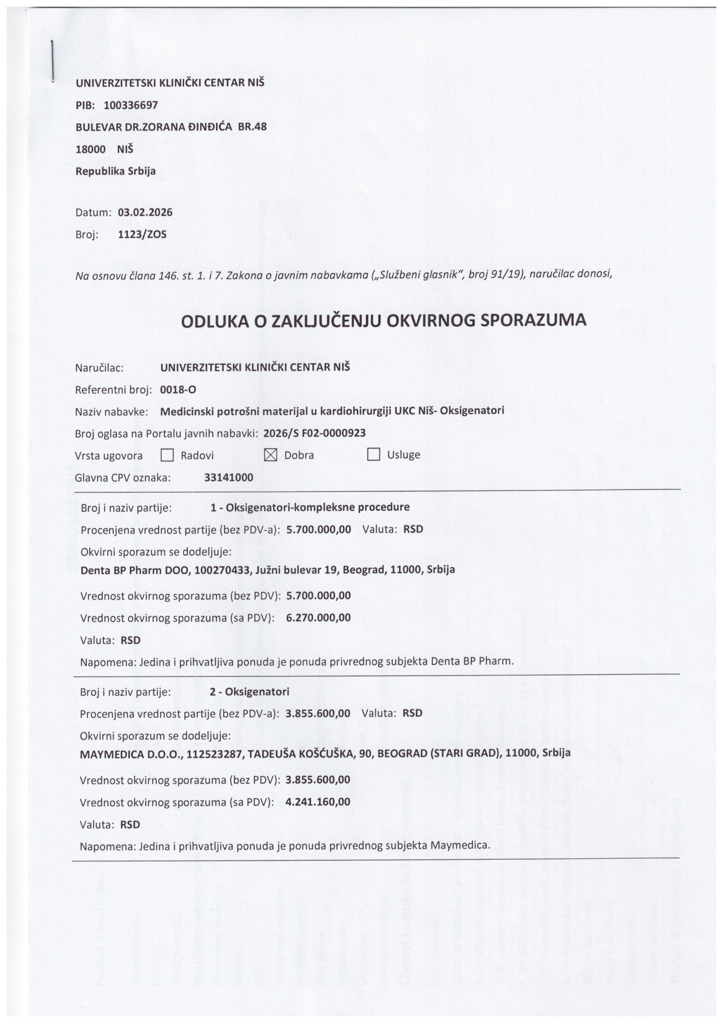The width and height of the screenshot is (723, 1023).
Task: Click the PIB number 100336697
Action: coord(131,105)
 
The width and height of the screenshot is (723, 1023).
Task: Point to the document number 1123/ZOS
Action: coord(142,234)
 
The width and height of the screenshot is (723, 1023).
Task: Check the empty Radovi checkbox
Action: coord(167,455)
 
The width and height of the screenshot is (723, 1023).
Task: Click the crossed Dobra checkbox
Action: coord(270,455)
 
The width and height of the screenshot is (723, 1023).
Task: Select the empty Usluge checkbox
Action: coord(373,454)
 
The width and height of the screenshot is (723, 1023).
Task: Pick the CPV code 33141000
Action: coord(228,478)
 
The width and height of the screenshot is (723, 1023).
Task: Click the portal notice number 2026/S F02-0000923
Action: coord(314,433)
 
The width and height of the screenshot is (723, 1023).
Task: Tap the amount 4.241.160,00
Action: coord(318,802)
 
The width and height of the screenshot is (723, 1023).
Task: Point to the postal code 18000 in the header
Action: coord(90,149)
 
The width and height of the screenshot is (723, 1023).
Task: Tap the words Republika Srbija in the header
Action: coord(115,171)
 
